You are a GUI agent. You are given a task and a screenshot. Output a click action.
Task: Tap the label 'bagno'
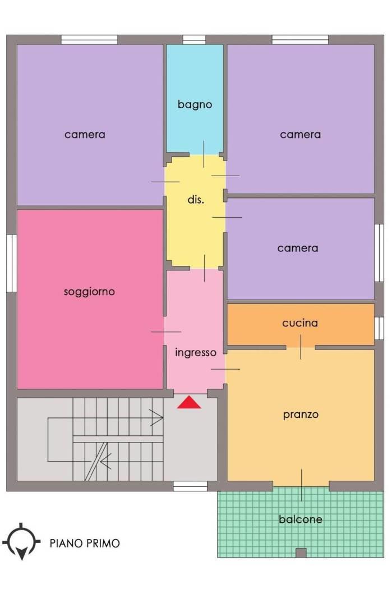pyautogui.click(x=195, y=104)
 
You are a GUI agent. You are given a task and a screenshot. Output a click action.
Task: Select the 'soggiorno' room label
pyautogui.click(x=89, y=292)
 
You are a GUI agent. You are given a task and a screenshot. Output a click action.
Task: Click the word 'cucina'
pyautogui.click(x=300, y=323)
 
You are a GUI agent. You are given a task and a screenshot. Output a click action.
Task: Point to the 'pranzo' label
pyautogui.click(x=301, y=415)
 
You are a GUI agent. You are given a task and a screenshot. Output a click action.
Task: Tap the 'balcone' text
pyautogui.click(x=301, y=519)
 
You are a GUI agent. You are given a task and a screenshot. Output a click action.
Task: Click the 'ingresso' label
pyautogui.click(x=196, y=352)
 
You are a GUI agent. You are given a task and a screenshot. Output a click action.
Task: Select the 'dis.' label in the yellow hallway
pyautogui.click(x=196, y=200)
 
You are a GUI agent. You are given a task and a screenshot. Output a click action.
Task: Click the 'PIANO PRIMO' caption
pyautogui.click(x=85, y=543)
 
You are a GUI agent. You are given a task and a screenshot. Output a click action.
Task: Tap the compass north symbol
pyautogui.click(x=21, y=541)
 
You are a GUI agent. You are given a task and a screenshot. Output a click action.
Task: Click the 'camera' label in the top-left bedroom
pyautogui.click(x=85, y=135)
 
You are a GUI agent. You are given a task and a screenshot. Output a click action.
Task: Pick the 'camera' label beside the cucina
pyautogui.click(x=298, y=248)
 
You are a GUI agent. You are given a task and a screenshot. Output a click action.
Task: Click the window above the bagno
pyautogui.click(x=194, y=39)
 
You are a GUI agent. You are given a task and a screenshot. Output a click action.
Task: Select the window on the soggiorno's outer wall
pyautogui.click(x=12, y=263)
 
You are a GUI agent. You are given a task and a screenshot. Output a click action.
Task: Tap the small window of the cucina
pyautogui.click(x=379, y=328)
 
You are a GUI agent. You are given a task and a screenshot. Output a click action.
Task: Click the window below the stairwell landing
pyautogui.click(x=190, y=486)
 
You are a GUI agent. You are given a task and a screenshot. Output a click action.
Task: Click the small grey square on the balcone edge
pyautogui.click(x=301, y=553)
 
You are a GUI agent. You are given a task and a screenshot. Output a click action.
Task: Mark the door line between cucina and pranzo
pyautogui.click(x=301, y=347)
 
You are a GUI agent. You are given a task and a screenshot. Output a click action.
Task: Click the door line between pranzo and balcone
pyautogui.click(x=301, y=485)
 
